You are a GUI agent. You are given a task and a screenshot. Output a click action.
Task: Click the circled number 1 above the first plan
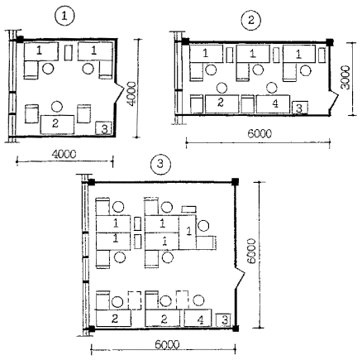[64, 16]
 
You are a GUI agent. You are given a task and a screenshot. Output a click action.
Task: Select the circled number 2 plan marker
[250, 20]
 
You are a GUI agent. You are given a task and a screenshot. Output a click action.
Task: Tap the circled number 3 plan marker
[160, 165]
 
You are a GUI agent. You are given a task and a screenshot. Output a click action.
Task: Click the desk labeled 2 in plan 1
[57, 124]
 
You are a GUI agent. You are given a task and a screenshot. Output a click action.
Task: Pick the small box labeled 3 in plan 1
[103, 128]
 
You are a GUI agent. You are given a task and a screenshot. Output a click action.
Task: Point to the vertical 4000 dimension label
[131, 94]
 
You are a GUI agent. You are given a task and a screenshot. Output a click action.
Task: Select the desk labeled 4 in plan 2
[273, 104]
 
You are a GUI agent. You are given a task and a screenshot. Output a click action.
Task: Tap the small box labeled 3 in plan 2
[300, 108]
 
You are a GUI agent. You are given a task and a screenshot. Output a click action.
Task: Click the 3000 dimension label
[345, 78]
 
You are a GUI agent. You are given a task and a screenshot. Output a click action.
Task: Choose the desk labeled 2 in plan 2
[221, 104]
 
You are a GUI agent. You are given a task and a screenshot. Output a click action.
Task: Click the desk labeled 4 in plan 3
[198, 318]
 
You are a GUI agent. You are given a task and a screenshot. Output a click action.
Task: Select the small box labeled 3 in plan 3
[223, 320]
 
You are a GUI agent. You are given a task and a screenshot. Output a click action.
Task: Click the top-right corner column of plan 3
[235, 182]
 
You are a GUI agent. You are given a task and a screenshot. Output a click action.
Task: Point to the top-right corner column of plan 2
[330, 42]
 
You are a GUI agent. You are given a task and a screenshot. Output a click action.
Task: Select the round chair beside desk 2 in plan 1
[57, 107]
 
